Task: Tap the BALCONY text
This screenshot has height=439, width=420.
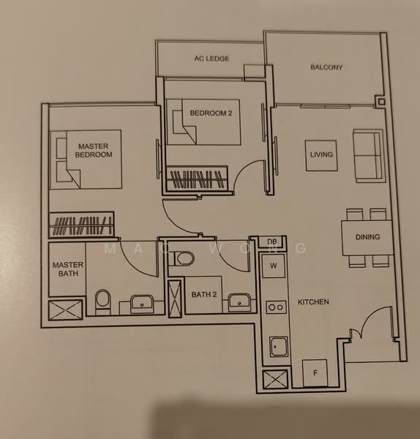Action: point(326,67)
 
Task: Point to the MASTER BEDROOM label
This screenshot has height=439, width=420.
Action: point(94,151)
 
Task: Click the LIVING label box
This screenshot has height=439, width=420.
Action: point(321,155)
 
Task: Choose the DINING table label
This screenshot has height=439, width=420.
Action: point(367,238)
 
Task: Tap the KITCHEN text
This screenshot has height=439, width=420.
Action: point(313,301)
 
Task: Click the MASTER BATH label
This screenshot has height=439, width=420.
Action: point(67,269)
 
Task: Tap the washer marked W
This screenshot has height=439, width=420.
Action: point(273,265)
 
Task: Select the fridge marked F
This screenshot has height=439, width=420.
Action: point(316,373)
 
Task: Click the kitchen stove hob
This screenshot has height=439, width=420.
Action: point(276,307)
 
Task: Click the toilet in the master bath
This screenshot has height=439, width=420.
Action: point(103,299)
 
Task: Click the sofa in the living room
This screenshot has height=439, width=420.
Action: point(367,155)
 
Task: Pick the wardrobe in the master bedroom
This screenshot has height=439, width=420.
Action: point(81,225)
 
